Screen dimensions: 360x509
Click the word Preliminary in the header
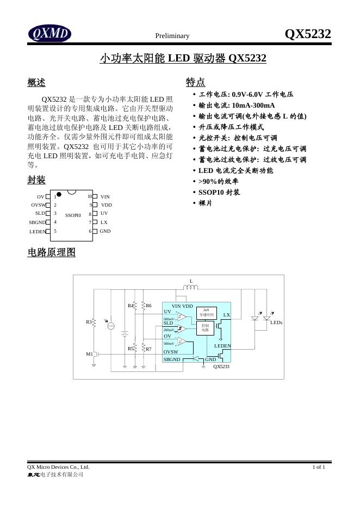point(172,36)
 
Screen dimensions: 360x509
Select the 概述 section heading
point(36,83)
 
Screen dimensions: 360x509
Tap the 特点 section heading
point(195,82)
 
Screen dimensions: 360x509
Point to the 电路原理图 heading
point(51,252)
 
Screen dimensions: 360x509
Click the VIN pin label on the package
point(105,196)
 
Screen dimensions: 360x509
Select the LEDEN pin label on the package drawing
point(38,232)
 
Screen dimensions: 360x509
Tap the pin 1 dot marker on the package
point(59,194)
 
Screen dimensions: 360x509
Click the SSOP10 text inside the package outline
point(73,215)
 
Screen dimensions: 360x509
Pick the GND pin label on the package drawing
point(105,231)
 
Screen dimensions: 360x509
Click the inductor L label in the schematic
point(191,281)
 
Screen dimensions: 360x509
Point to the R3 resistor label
point(89,322)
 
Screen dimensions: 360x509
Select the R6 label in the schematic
point(148,306)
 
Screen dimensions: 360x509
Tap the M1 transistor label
point(89,354)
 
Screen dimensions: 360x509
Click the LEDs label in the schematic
point(276,322)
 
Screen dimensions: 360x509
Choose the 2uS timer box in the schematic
point(206,312)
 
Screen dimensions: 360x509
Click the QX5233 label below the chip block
point(221,367)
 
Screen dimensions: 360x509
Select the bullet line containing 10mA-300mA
point(237,105)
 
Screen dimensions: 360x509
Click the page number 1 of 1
point(319,467)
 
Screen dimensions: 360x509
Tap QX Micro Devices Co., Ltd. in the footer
point(58,467)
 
